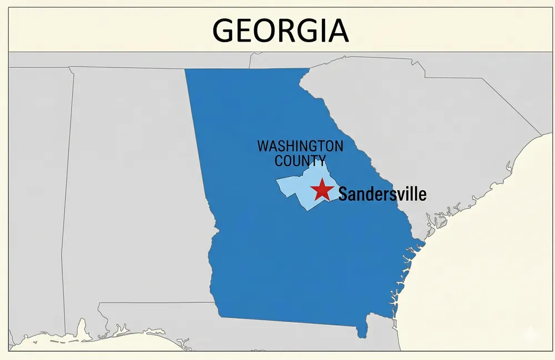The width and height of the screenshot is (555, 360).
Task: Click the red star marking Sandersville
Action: coord(321,190)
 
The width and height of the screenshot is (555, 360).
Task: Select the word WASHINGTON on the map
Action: coord(300,146)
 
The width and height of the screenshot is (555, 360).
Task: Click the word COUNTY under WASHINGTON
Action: coord(300,161)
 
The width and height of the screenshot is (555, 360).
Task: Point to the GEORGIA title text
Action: coord(281,30)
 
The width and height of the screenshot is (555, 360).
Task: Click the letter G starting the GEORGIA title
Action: coord(224,31)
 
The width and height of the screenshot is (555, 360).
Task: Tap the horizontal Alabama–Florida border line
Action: coord(155,303)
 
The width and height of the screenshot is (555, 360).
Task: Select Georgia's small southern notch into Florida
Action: coord(362,330)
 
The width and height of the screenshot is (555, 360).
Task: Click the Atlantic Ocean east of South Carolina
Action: coord(500,222)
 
